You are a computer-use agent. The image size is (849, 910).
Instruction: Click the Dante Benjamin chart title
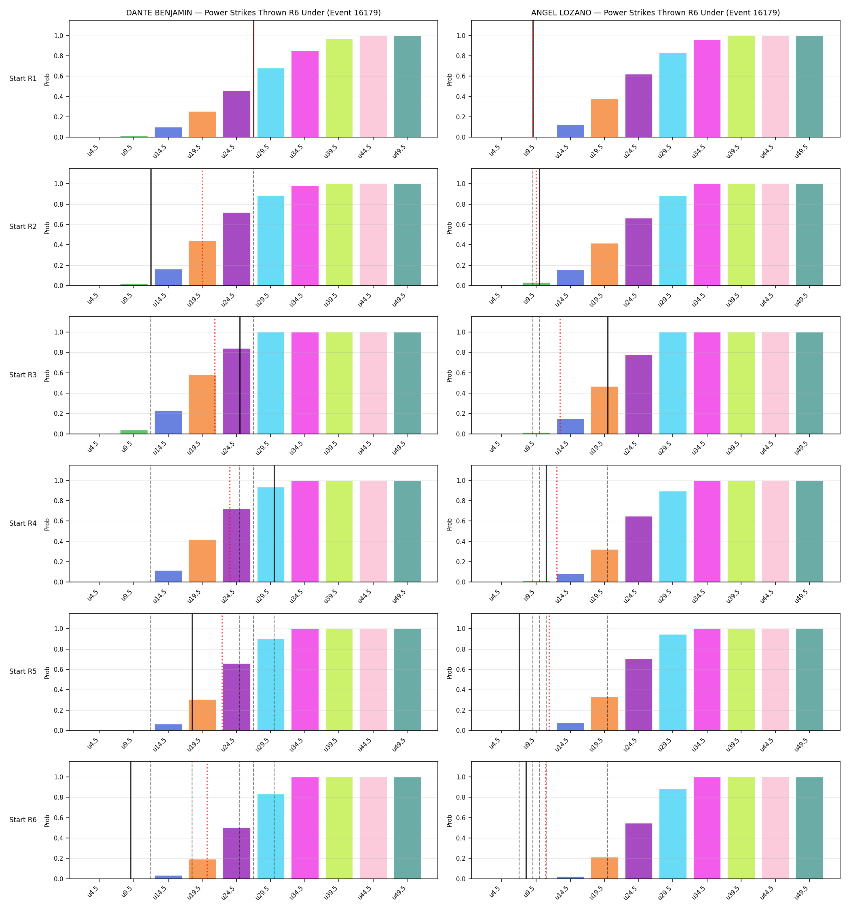click(253, 13)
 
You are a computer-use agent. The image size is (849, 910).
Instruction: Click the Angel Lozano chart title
click(655, 13)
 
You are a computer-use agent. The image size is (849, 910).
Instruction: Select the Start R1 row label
click(23, 79)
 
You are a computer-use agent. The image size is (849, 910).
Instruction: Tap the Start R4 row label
click(23, 523)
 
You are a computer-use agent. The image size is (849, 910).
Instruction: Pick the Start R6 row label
click(23, 819)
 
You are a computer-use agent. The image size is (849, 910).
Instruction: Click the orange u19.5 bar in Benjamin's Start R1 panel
click(202, 125)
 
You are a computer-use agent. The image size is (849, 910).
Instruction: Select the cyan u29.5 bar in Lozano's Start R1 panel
click(673, 95)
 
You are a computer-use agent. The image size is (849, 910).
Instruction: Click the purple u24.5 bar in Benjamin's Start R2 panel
click(237, 249)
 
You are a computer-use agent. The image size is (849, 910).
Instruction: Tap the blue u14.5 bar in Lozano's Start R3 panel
click(570, 426)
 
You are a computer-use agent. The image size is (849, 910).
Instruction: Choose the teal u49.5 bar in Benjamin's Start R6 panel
click(408, 828)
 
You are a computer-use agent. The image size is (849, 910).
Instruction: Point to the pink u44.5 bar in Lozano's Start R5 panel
click(775, 680)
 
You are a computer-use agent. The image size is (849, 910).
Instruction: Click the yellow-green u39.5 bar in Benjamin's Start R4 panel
click(339, 531)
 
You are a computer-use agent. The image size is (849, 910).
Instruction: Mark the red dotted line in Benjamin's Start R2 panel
click(202, 227)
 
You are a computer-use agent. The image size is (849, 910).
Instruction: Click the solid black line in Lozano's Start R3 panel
click(608, 375)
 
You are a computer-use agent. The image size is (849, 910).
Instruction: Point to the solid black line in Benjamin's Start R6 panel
click(131, 820)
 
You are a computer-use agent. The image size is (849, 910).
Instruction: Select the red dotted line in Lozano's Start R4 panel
click(557, 524)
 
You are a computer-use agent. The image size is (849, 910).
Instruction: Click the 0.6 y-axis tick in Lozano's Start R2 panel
click(461, 225)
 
